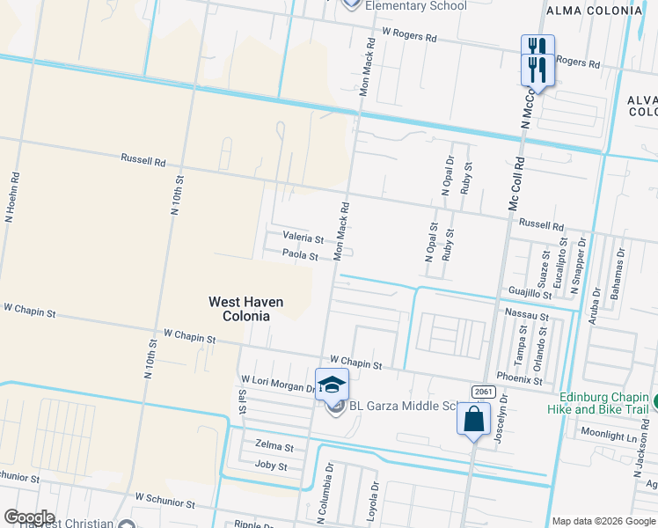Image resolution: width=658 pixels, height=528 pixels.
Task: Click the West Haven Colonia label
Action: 245,308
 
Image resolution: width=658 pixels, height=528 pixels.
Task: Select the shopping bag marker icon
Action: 473,419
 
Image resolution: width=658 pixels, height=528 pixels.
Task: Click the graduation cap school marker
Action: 332,385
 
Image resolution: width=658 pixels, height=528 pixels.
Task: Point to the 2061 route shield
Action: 482,391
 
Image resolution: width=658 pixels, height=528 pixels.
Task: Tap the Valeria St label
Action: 303,238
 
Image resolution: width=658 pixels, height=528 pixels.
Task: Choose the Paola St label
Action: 300,255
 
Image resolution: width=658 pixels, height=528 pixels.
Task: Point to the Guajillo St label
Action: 530,291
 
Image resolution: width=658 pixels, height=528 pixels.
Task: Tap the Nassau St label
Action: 527,314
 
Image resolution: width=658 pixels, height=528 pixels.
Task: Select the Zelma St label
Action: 274,447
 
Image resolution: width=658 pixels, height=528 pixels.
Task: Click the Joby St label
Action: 271,465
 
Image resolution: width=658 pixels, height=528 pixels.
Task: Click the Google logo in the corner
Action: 28,517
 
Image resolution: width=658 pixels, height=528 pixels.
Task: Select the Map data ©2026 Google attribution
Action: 603,521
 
